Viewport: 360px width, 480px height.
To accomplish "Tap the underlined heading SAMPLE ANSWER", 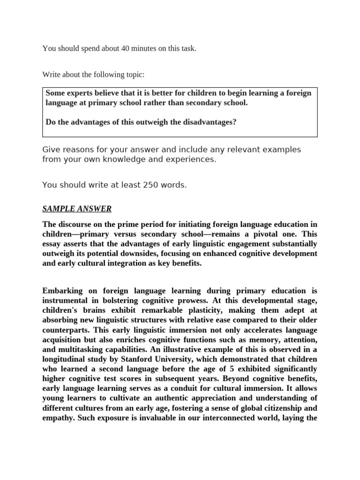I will [x=77, y=209].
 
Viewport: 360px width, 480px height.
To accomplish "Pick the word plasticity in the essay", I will [x=198, y=310].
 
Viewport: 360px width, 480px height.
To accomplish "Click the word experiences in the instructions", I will [x=191, y=159].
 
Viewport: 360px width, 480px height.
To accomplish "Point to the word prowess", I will [x=191, y=300].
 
